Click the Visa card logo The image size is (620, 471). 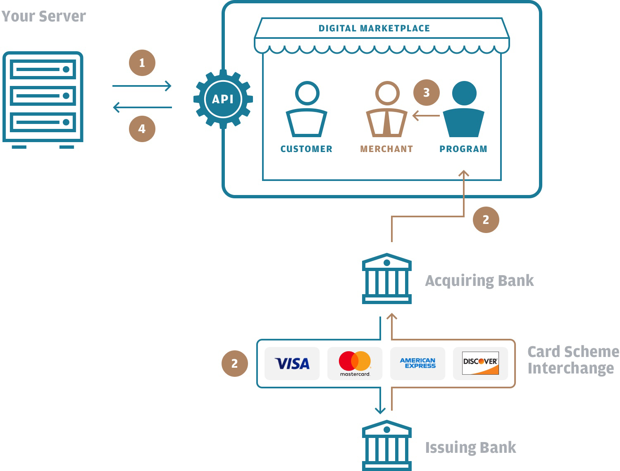click(292, 364)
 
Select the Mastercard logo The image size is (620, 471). click(355, 364)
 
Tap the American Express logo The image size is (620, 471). click(417, 363)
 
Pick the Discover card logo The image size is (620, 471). click(480, 363)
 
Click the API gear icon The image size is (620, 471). click(223, 99)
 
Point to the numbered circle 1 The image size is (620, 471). click(142, 63)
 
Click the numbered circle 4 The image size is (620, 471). click(142, 129)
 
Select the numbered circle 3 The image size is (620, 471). click(427, 93)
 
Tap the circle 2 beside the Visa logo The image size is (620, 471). click(235, 364)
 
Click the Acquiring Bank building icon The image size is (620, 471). click(386, 279)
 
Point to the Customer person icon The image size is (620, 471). click(307, 109)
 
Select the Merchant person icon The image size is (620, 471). click(387, 109)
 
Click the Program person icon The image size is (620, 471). click(464, 109)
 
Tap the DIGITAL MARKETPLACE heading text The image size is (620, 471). click(374, 29)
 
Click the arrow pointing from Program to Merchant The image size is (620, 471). click(426, 116)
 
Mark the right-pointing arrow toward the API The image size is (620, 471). click(142, 86)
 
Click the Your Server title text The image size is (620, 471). click(44, 16)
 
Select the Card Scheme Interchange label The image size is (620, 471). click(573, 360)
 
